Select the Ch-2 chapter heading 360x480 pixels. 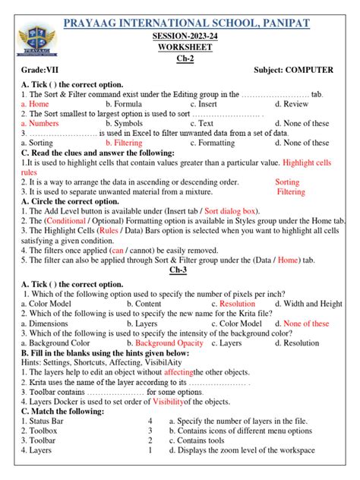click(x=180, y=58)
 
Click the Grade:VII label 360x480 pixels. click(x=39, y=70)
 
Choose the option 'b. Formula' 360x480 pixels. click(x=125, y=104)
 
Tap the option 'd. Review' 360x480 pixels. click(x=292, y=104)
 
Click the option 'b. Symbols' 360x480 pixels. click(x=124, y=123)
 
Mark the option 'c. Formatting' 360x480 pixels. click(x=213, y=143)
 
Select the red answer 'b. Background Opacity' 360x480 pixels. click(x=144, y=343)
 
